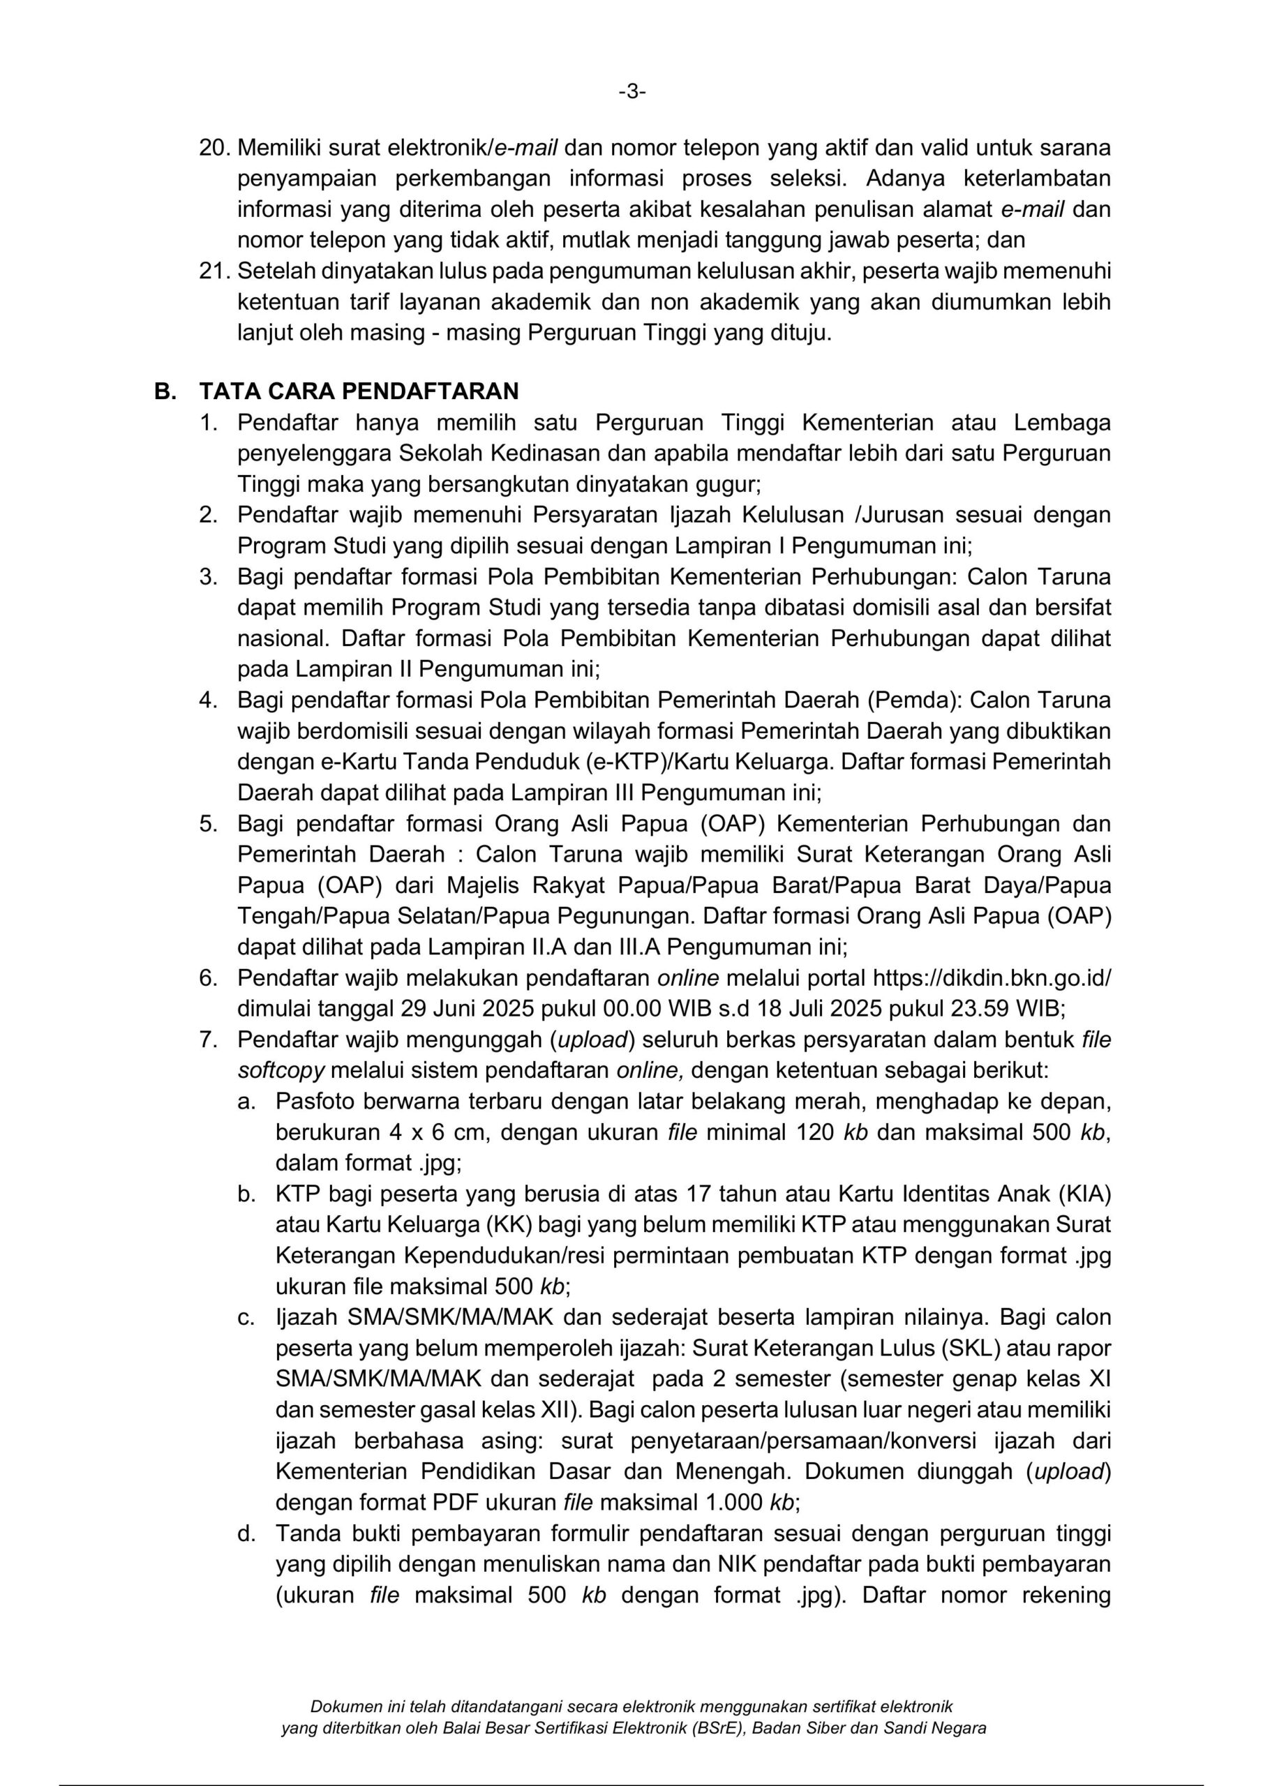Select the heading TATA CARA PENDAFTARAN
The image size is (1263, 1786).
(x=359, y=391)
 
